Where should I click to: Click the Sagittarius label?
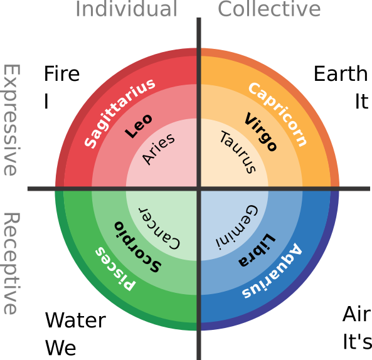pyautogui.click(x=120, y=114)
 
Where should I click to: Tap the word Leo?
pyautogui.click(x=139, y=126)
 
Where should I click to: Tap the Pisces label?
pyautogui.click(x=114, y=268)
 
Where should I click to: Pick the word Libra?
pyautogui.click(x=257, y=250)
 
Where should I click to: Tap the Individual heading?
pyautogui.click(x=126, y=9)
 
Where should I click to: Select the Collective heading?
pyautogui.click(x=269, y=9)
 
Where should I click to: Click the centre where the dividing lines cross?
pyautogui.click(x=199, y=188)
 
